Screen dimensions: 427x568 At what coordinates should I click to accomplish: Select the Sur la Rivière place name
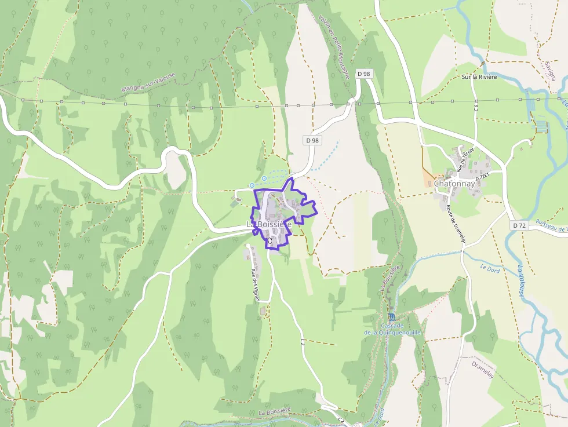(x=479, y=77)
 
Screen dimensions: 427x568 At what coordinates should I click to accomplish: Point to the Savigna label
(x=550, y=69)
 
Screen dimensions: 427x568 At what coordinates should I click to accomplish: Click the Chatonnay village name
(x=454, y=184)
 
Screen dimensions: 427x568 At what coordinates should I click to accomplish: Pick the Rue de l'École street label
(x=465, y=160)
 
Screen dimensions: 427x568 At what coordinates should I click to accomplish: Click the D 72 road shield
(x=518, y=225)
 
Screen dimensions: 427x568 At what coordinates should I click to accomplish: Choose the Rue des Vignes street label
(x=254, y=283)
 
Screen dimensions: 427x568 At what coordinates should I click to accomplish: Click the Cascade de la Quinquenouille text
(x=392, y=329)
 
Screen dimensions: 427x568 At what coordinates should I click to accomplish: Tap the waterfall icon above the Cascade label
(x=392, y=316)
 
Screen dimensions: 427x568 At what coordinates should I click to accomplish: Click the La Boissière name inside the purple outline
(x=269, y=224)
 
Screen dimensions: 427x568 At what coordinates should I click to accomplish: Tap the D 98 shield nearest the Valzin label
(x=364, y=74)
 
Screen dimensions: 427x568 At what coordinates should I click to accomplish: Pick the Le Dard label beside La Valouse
(x=490, y=268)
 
